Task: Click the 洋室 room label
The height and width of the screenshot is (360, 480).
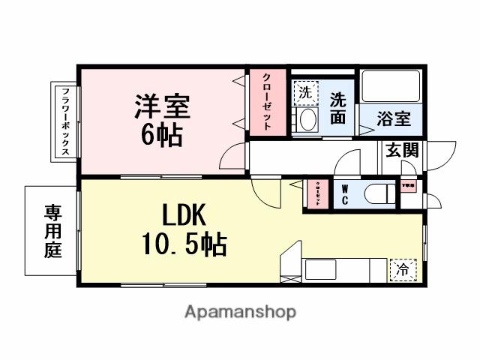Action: pyautogui.click(x=163, y=106)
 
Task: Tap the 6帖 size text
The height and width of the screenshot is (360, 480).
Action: pyautogui.click(x=161, y=136)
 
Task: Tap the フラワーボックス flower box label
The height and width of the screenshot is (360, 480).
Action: pyautogui.click(x=65, y=121)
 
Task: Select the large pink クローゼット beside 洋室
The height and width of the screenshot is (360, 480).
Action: pyautogui.click(x=266, y=102)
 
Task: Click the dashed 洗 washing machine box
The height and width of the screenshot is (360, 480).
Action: pyautogui.click(x=305, y=93)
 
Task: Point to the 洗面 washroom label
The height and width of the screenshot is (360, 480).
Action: pyautogui.click(x=338, y=107)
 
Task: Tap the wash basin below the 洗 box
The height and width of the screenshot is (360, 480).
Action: pyautogui.click(x=305, y=121)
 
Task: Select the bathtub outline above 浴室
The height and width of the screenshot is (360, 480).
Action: pyautogui.click(x=391, y=88)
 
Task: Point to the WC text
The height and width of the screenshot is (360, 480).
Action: pyautogui.click(x=344, y=195)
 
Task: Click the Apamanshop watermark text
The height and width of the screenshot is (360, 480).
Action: pyautogui.click(x=239, y=311)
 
